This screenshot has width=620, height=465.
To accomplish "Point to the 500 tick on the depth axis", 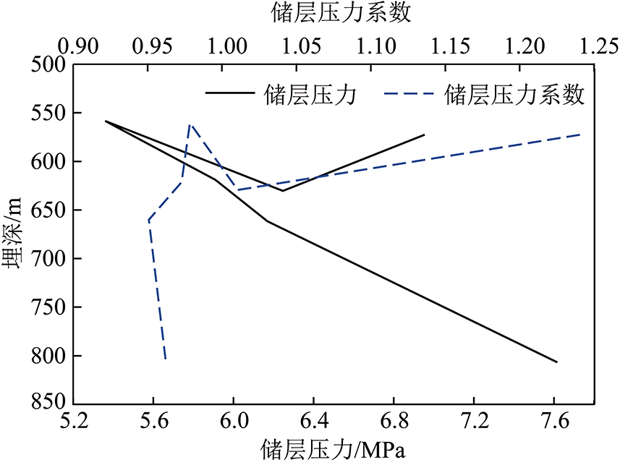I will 51,65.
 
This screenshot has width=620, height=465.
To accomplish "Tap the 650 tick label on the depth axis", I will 51,210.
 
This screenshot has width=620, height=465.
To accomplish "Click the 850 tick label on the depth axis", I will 51,404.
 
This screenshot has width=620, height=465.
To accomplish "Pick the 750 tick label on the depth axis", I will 51,307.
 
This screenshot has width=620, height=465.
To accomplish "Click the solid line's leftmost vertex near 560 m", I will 106,121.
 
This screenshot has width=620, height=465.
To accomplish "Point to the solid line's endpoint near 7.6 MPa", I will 557,362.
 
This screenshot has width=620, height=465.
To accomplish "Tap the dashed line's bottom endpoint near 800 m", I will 166,359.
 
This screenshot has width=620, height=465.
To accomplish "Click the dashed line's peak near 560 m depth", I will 190,124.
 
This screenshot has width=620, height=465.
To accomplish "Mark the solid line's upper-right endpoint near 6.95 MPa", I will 425,135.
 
